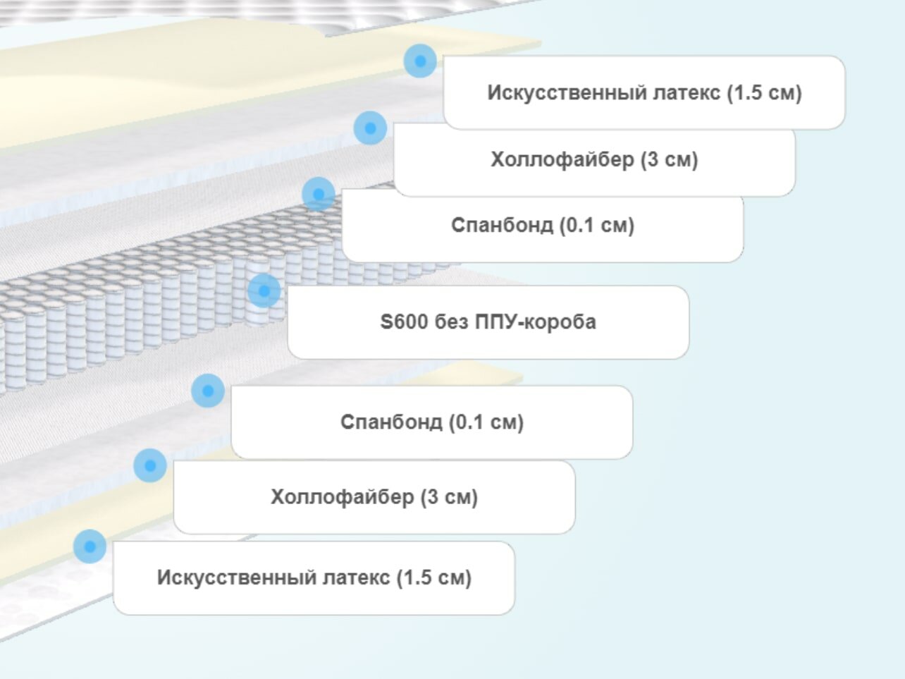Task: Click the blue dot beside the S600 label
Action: coord(264,290)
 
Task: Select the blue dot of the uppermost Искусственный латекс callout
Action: coord(420,61)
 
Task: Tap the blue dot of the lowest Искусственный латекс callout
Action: coord(90,546)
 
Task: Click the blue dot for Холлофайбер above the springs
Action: coord(370,128)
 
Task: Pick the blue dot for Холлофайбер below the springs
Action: coord(150,465)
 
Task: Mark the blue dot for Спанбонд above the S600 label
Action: coord(319,194)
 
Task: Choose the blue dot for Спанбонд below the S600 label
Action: coord(208,391)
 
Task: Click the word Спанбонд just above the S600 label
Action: coord(502,226)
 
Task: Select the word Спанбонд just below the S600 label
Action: coord(390,422)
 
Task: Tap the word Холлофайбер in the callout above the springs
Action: coord(562,159)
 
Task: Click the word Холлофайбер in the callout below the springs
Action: coord(342,497)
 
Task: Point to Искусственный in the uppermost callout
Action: coord(559,92)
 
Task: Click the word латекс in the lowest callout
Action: coord(356,578)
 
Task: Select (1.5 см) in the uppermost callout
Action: coord(765,92)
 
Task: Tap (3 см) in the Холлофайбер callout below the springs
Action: coord(449,497)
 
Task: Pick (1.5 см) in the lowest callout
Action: coord(433,578)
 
